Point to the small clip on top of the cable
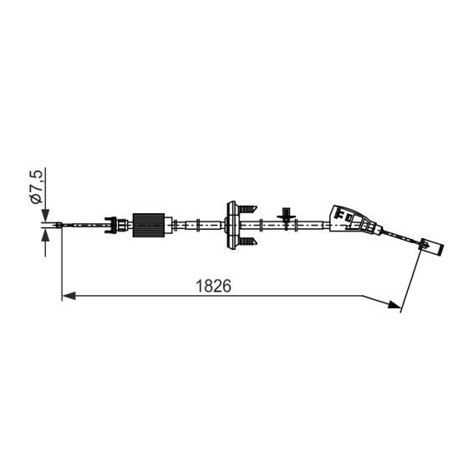(287, 215)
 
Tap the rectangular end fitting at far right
(430, 246)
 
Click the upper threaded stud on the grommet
(247, 206)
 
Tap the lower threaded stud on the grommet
(247, 242)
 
